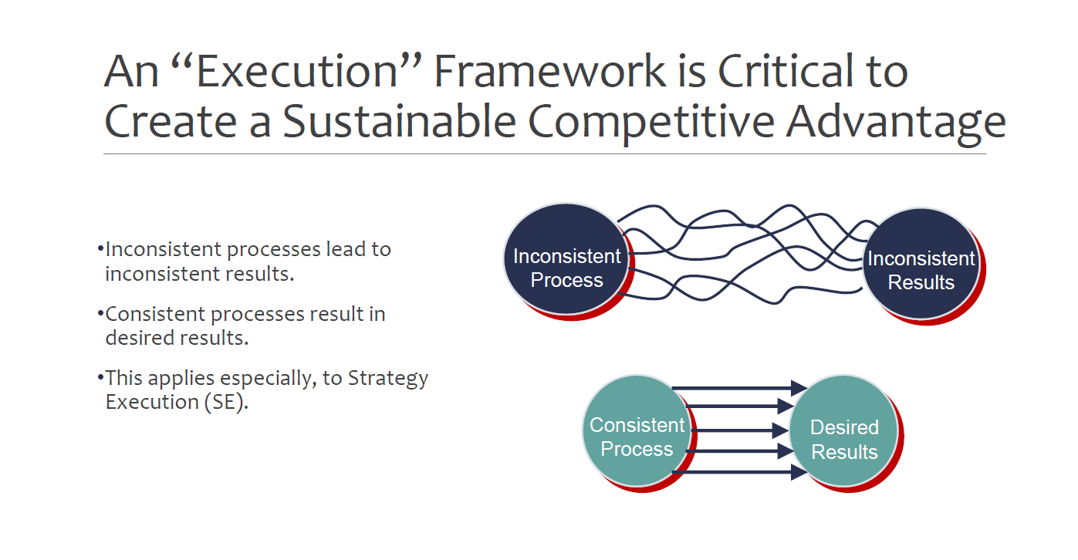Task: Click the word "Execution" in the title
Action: [297, 72]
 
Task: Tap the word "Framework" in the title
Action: [549, 71]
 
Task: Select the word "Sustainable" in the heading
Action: [399, 121]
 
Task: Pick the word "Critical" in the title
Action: [786, 71]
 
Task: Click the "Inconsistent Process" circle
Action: [566, 259]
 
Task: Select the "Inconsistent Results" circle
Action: [921, 264]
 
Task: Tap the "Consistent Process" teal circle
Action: [637, 430]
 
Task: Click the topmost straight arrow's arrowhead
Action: [799, 388]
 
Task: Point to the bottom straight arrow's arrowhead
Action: [799, 472]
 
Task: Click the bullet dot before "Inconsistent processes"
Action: [100, 248]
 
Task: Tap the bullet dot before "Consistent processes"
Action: [100, 314]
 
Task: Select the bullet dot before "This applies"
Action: [100, 377]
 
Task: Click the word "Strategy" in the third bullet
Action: [388, 379]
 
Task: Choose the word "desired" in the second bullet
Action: [140, 338]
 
